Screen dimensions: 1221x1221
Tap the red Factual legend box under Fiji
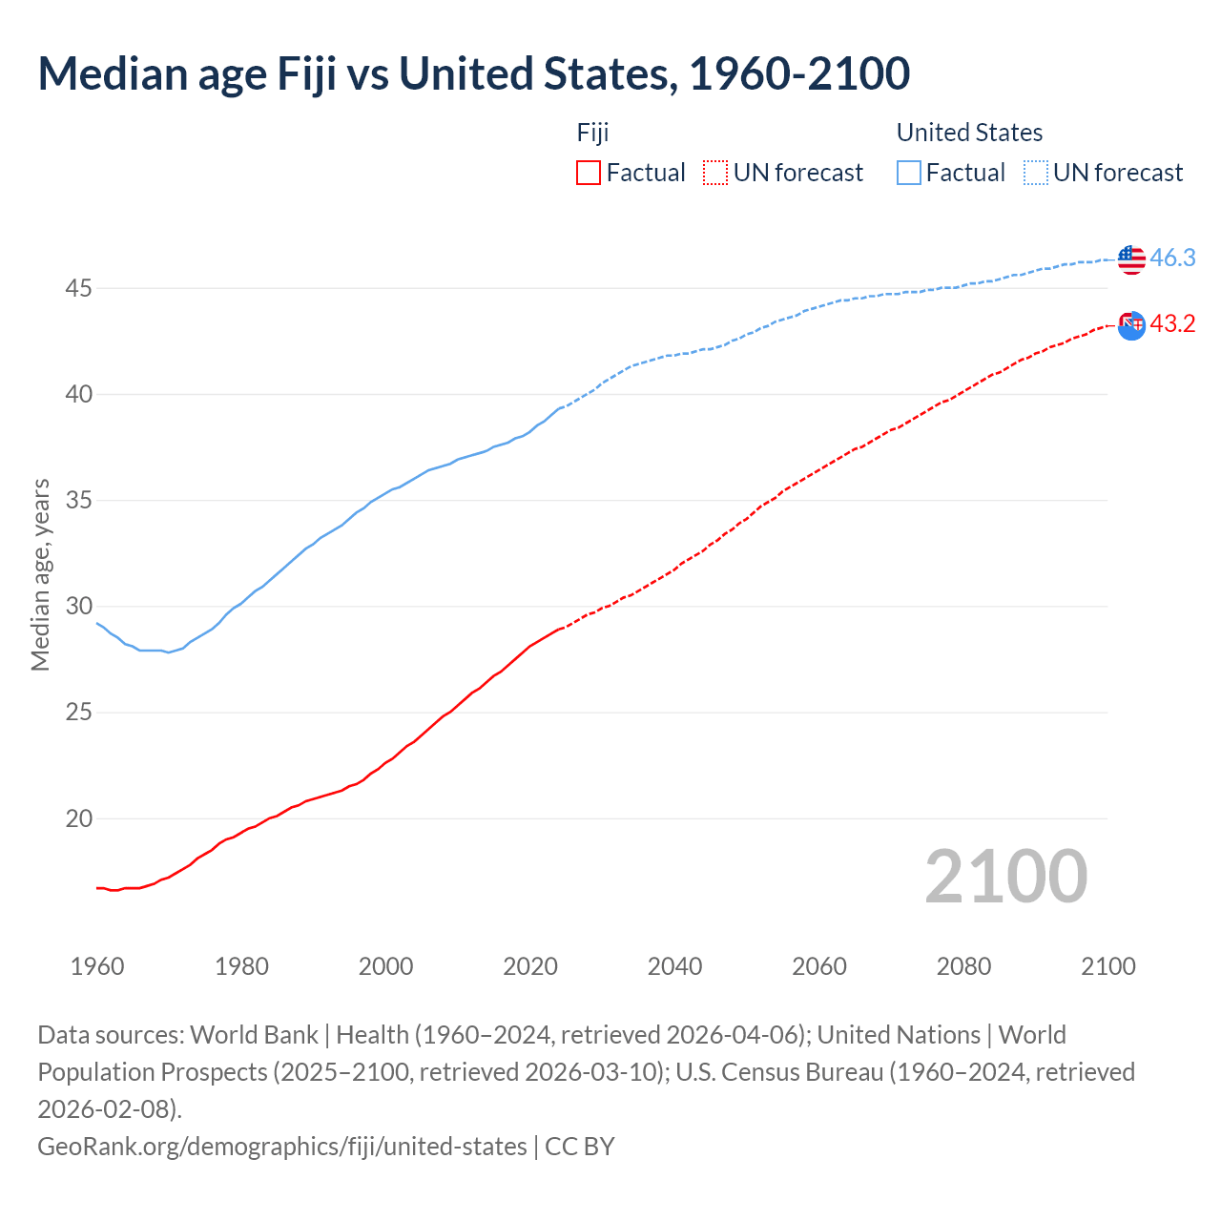click(589, 173)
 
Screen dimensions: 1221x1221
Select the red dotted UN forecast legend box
click(715, 173)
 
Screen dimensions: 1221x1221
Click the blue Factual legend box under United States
click(909, 173)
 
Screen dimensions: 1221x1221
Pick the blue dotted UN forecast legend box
click(1036, 173)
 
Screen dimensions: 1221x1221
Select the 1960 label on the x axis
click(97, 966)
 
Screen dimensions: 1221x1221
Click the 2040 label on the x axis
click(674, 966)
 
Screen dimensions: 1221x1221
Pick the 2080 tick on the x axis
click(963, 966)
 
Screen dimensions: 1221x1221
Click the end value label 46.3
click(1172, 258)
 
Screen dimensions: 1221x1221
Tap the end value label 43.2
click(1172, 324)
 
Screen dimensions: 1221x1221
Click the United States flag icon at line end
click(1131, 259)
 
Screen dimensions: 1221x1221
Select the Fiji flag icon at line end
click(1131, 325)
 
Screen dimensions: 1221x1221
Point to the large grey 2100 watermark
click(1005, 877)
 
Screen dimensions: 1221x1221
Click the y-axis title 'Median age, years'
click(40, 575)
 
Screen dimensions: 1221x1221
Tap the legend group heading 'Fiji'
click(592, 133)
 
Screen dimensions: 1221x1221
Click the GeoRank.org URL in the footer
click(281, 1146)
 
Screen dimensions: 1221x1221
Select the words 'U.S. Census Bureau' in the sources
click(779, 1072)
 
